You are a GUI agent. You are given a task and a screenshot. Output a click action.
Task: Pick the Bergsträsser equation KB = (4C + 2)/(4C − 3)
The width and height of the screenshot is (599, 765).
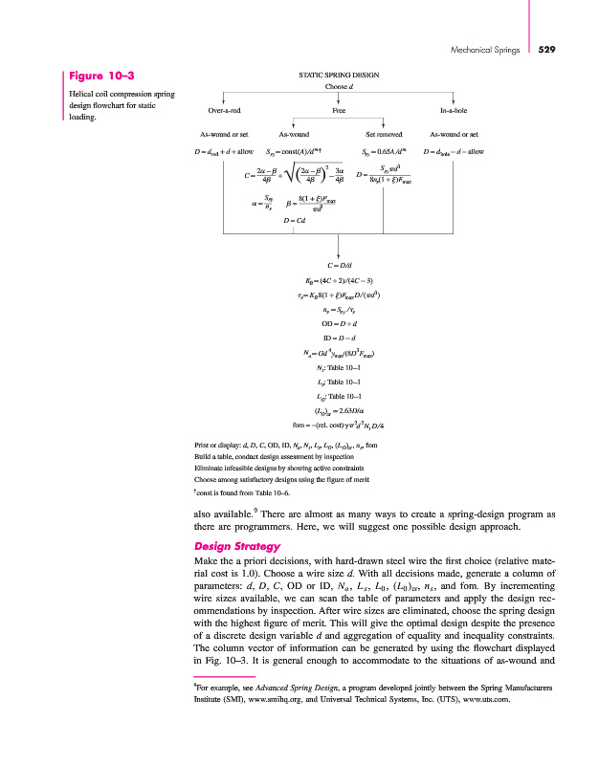tap(339, 280)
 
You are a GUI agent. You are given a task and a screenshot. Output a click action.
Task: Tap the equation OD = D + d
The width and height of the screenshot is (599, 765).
tap(339, 322)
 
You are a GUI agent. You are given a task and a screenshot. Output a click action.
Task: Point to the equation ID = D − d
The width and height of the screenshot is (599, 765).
tap(339, 338)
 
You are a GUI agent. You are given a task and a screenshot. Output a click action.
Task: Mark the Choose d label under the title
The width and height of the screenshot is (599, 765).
tap(339, 87)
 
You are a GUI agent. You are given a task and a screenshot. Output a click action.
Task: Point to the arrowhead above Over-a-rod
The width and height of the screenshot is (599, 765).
tap(223, 98)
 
